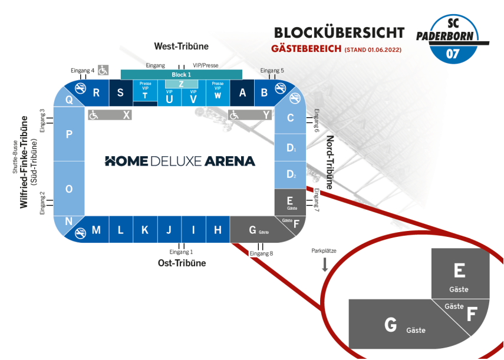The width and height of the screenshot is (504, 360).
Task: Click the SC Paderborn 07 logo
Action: (x=453, y=39)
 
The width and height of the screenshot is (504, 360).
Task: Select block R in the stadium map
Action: (x=97, y=93)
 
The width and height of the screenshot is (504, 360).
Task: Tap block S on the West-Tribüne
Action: (x=120, y=93)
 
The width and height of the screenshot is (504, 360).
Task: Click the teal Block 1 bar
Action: (x=181, y=75)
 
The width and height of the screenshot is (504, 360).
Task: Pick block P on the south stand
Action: (x=69, y=134)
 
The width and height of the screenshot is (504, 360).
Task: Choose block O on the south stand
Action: (x=69, y=189)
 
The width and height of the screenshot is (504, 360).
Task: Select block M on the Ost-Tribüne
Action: (x=95, y=230)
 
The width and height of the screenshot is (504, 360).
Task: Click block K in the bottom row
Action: (x=144, y=230)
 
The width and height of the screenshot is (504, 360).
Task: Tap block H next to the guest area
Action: (x=218, y=230)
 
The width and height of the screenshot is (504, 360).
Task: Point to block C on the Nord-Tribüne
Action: (x=290, y=118)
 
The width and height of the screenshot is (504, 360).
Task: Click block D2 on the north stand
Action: (x=290, y=174)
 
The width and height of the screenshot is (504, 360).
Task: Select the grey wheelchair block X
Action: (x=110, y=115)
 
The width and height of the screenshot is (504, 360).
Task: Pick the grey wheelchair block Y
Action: (x=251, y=115)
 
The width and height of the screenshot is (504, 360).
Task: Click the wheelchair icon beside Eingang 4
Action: (x=103, y=70)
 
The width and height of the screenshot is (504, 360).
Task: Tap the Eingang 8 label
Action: (x=262, y=253)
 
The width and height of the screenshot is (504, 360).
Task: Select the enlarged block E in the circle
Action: (x=460, y=274)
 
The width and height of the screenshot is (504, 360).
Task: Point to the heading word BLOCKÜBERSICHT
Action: (x=339, y=32)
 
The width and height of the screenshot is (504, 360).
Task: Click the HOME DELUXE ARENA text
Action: (x=180, y=161)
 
